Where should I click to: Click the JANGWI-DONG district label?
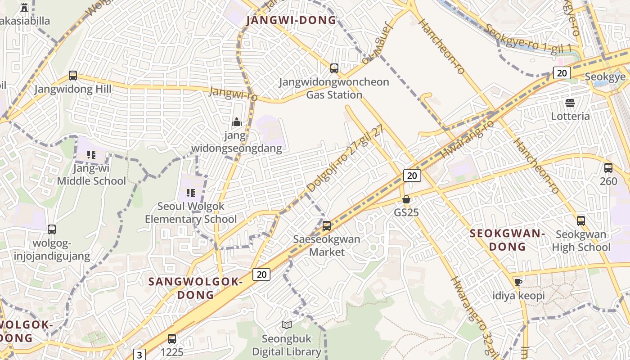(x=291, y=20)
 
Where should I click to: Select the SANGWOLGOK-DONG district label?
(x=195, y=288)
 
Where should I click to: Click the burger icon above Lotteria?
(x=570, y=103)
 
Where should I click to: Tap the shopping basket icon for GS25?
(x=406, y=199)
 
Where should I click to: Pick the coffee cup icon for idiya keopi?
(x=518, y=282)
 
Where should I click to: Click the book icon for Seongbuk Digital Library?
(x=287, y=325)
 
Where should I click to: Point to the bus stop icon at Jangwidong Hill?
(x=73, y=76)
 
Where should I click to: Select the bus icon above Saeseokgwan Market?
(x=327, y=226)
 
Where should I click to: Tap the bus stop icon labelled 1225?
(x=172, y=339)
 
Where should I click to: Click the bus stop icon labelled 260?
(x=608, y=168)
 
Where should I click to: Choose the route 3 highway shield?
(x=139, y=355)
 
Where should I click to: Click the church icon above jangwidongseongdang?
(x=236, y=122)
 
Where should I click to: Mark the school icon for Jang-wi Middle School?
(x=91, y=155)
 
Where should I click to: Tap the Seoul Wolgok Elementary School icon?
(x=190, y=193)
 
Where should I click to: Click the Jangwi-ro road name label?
(x=233, y=94)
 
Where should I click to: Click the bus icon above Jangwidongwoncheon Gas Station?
(x=334, y=68)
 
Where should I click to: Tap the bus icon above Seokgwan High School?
(x=581, y=221)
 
